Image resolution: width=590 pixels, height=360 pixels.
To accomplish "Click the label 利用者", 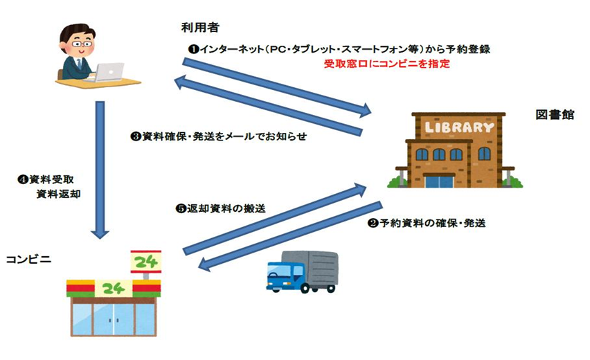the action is pyautogui.click(x=200, y=28).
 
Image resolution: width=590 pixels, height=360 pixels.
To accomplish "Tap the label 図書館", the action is pyautogui.click(x=555, y=115).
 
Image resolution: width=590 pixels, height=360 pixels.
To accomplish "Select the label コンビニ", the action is pyautogui.click(x=28, y=260).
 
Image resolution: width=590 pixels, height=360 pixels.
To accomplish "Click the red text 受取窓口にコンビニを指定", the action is pyautogui.click(x=387, y=64).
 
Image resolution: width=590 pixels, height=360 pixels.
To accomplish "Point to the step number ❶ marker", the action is pyautogui.click(x=193, y=49).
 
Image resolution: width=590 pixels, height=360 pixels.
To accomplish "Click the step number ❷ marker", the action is pyautogui.click(x=373, y=224).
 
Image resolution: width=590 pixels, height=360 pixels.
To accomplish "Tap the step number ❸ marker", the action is pyautogui.click(x=136, y=136).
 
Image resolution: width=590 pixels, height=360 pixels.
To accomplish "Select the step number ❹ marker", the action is pyautogui.click(x=24, y=179).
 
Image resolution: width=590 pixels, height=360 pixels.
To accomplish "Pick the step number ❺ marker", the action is pyautogui.click(x=181, y=208).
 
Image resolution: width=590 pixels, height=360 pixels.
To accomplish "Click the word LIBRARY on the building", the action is pyautogui.click(x=459, y=127).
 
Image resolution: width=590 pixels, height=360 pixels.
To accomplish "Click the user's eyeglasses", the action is pyautogui.click(x=82, y=44).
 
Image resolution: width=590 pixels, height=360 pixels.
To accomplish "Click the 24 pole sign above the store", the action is pyautogui.click(x=146, y=262).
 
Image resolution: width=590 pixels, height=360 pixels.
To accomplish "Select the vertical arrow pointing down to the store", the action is pyautogui.click(x=100, y=170).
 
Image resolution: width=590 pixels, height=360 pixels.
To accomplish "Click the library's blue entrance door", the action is pyautogui.click(x=439, y=181).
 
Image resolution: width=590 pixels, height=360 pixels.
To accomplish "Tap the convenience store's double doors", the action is pyautogui.click(x=114, y=319).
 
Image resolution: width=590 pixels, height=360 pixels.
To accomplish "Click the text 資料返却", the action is pyautogui.click(x=58, y=194).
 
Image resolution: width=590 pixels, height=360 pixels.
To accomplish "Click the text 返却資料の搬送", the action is pyautogui.click(x=226, y=208).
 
